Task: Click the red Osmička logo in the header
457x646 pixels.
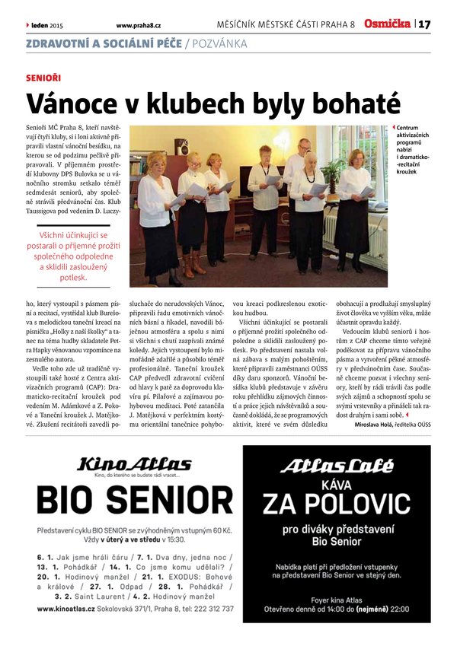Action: (x=387, y=24)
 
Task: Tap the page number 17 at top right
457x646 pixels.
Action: (x=424, y=24)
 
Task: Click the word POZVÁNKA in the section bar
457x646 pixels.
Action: (x=220, y=43)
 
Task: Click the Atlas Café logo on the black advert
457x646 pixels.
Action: (x=336, y=466)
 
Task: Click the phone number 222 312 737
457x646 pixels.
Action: (x=209, y=609)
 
